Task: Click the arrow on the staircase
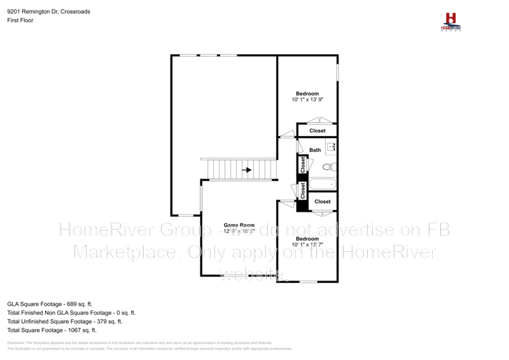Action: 248,170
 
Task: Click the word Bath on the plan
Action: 316,150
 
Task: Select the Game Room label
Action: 239,225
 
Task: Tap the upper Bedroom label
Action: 307,93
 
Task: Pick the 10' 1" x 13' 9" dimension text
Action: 308,100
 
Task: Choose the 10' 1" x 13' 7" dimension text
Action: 307,244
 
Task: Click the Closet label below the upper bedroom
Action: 317,131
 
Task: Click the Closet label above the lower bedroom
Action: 323,202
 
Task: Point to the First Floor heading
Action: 20,20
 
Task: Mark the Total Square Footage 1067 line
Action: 52,330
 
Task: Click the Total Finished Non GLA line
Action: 71,313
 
